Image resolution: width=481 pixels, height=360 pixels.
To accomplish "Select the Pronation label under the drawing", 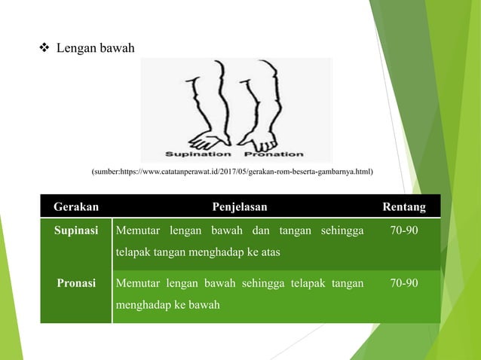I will point(274,154).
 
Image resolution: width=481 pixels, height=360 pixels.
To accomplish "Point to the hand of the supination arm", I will point(206,139).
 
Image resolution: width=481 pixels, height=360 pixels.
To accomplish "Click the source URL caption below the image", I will point(232,173).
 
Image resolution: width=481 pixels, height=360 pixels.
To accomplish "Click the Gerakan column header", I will point(75,206).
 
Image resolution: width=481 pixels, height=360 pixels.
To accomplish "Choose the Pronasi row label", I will point(75,283).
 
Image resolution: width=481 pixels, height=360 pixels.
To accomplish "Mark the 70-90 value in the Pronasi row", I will point(403,283).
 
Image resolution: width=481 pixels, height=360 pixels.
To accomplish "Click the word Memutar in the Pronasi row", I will point(138,283).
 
